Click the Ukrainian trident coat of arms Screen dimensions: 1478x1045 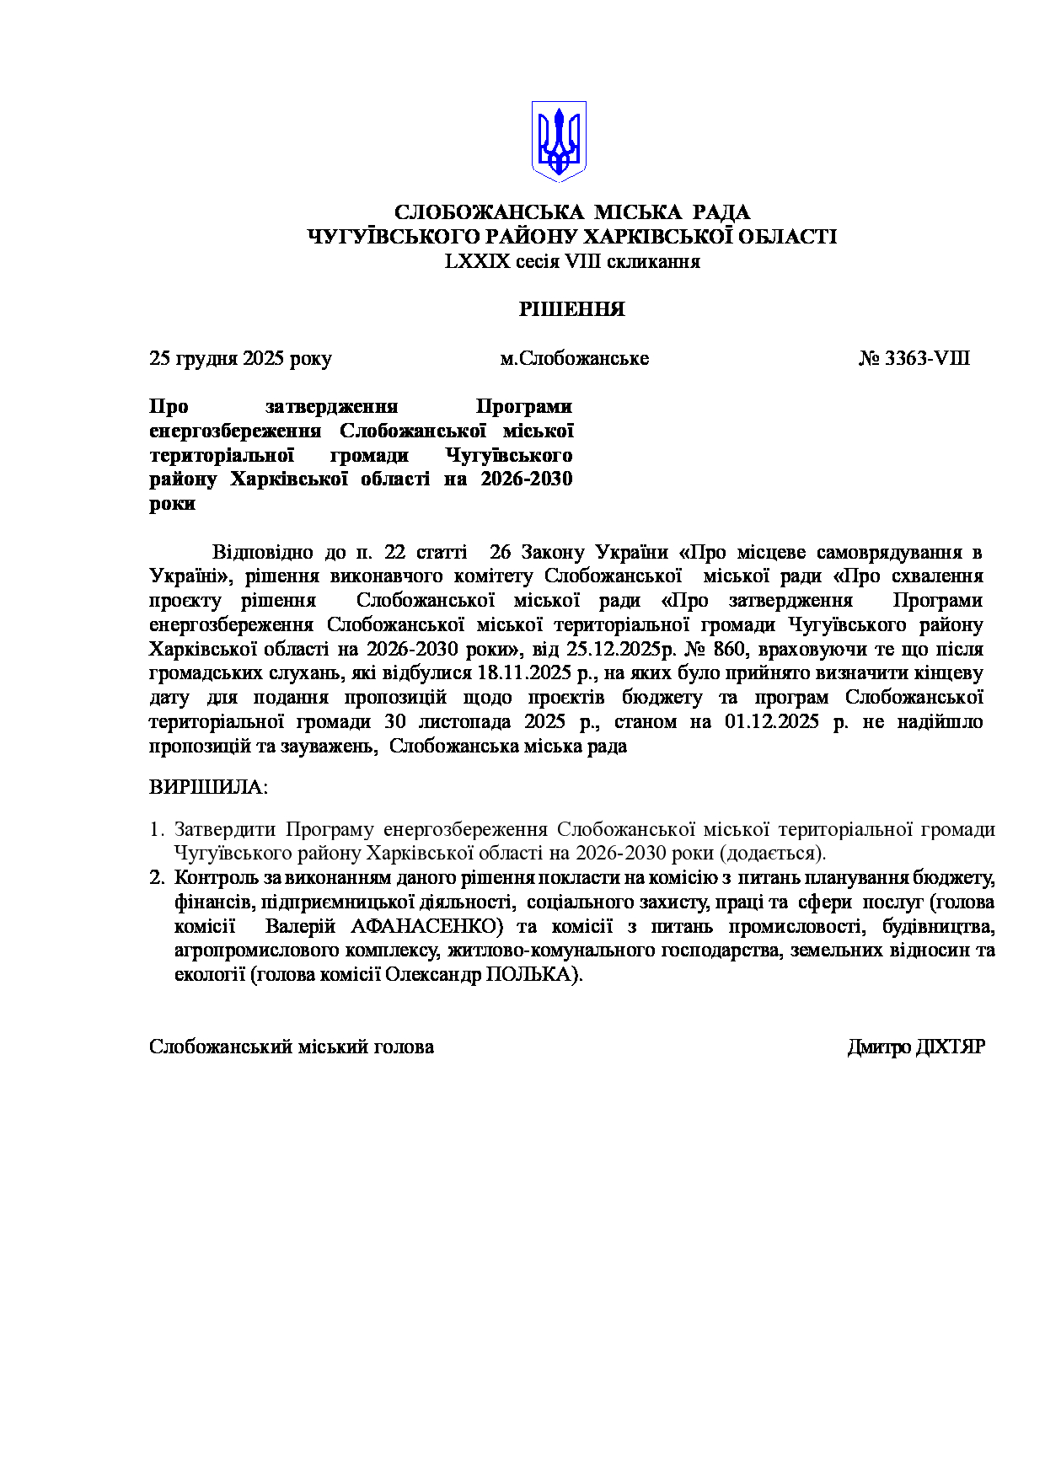[558, 141]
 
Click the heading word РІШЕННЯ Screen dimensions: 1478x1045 [571, 309]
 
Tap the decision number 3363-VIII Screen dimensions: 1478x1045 [926, 358]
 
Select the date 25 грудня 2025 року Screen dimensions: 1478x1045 [240, 358]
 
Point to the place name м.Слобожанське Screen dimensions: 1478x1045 [574, 358]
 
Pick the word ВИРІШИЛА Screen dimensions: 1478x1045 [208, 787]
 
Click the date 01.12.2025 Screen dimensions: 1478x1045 [771, 721]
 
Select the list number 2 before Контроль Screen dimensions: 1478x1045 [156, 877]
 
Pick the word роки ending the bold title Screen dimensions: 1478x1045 [172, 504]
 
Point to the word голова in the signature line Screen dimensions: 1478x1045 [404, 1047]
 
